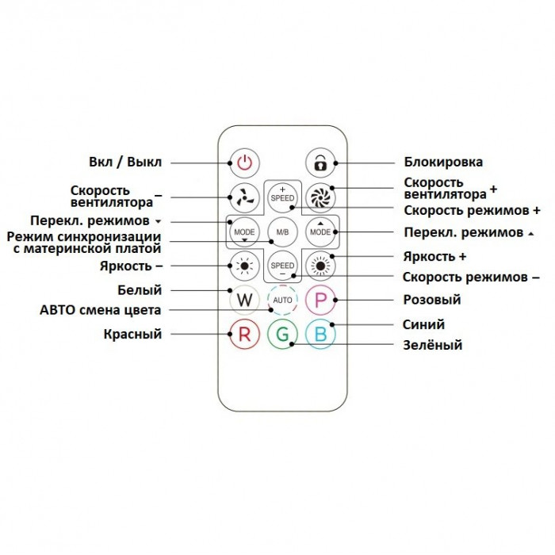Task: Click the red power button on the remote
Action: point(244,163)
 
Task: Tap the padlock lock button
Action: point(320,163)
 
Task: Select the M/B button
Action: point(282,232)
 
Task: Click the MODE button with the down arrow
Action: point(244,232)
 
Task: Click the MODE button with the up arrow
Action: point(320,232)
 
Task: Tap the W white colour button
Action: point(244,300)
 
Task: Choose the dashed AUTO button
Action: point(282,300)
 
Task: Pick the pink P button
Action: point(320,300)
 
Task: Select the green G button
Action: point(282,334)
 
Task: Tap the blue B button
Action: point(320,334)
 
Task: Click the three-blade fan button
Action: point(244,197)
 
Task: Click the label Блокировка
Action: point(443,162)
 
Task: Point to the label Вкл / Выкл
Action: point(125,162)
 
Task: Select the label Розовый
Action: point(432,300)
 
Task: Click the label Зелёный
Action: point(433,345)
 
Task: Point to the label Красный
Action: point(132,334)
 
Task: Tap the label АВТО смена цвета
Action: point(101,310)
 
